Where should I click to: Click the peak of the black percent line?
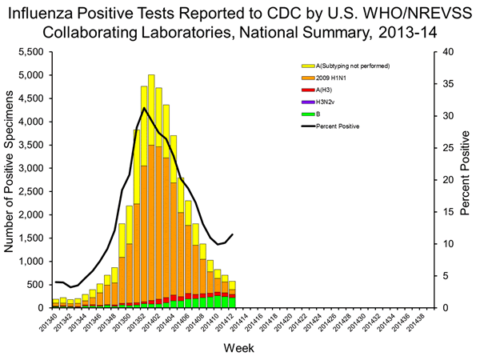click(x=144, y=108)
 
